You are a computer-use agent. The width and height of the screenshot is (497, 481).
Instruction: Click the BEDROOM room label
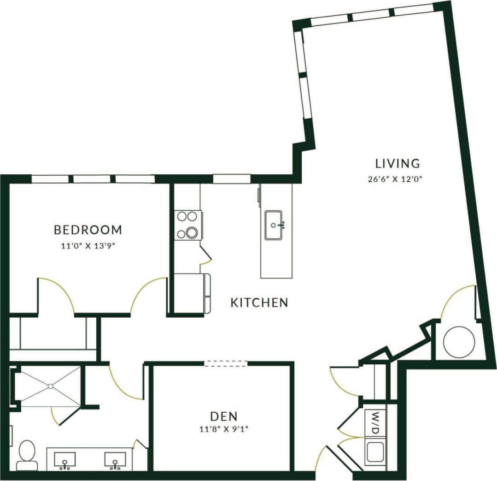click(88, 229)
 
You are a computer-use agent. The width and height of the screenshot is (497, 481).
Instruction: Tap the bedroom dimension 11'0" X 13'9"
click(88, 246)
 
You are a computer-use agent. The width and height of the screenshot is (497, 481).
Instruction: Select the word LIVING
click(397, 163)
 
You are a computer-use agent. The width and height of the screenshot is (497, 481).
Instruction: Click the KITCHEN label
click(259, 303)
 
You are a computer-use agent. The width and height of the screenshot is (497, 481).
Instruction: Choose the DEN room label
click(224, 416)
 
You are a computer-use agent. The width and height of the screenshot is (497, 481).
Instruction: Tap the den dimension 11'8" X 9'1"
click(224, 430)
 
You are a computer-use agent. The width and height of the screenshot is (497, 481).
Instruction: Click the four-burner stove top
click(188, 225)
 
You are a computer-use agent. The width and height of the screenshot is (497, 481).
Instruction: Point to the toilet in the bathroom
click(27, 454)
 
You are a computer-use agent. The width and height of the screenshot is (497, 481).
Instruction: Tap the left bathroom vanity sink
click(65, 460)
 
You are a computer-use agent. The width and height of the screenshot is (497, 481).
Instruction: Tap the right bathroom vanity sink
click(115, 460)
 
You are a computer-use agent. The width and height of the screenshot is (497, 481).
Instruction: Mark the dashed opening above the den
click(226, 363)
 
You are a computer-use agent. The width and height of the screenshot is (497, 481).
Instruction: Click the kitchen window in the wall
click(232, 178)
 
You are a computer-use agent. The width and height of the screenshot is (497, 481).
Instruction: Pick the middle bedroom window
click(92, 179)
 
